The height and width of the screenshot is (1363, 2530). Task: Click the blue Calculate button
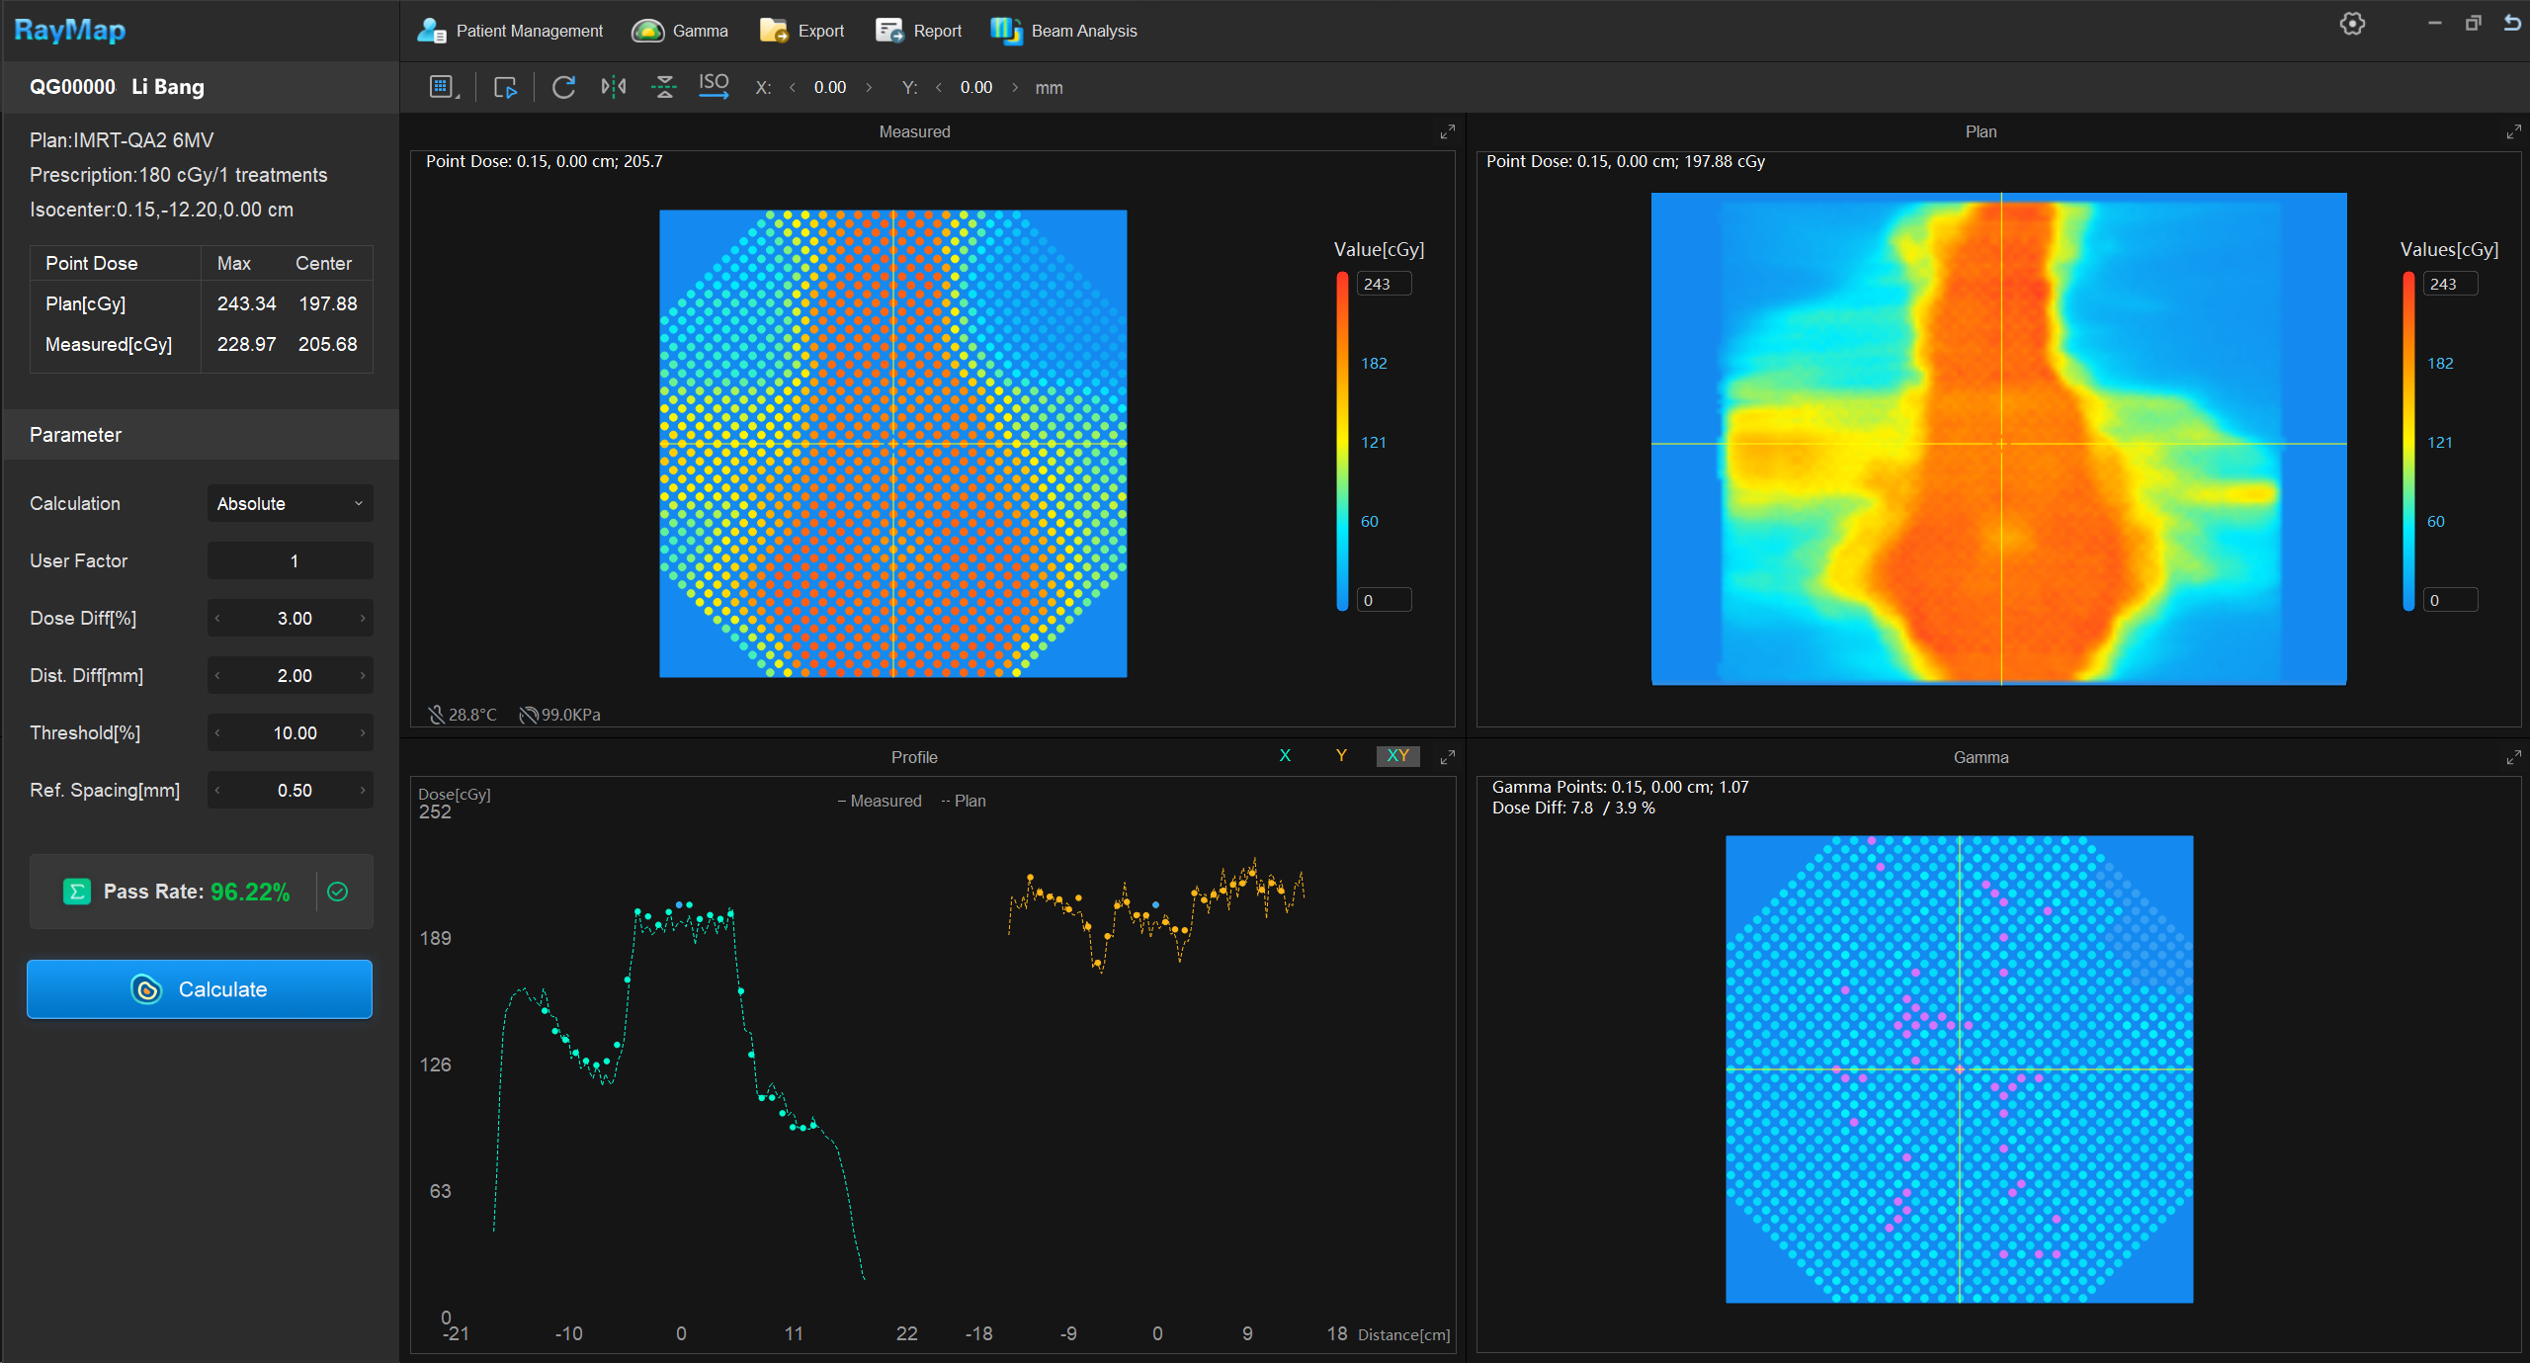pos(200,989)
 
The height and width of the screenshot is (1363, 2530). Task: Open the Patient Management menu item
pos(510,31)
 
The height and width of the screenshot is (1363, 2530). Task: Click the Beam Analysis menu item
pos(1064,31)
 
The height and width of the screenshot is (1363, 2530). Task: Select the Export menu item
pos(801,31)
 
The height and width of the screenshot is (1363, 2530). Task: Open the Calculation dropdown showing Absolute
pos(290,504)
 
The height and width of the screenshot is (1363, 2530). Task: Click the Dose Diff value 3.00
pos(294,619)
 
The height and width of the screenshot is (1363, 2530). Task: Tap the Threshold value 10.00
pos(294,733)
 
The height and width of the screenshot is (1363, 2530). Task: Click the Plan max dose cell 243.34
pos(246,304)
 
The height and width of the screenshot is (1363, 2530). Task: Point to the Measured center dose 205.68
pos(327,345)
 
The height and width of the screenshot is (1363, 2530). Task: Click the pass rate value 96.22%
pos(250,893)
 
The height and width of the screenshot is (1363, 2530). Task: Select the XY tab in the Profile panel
pos(1397,756)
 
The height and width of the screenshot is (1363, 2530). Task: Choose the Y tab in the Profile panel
pos(1341,756)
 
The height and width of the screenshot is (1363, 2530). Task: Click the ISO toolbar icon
pos(714,86)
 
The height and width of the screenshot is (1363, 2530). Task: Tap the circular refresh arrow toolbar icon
pos(563,87)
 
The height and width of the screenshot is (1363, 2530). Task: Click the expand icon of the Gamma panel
pos(2513,757)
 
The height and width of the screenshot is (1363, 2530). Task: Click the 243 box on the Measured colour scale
pos(1383,285)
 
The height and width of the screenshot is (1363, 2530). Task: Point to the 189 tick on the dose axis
pos(435,938)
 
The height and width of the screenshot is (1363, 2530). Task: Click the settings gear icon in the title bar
pos(2352,24)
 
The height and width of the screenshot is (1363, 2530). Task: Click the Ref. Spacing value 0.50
pos(294,791)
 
